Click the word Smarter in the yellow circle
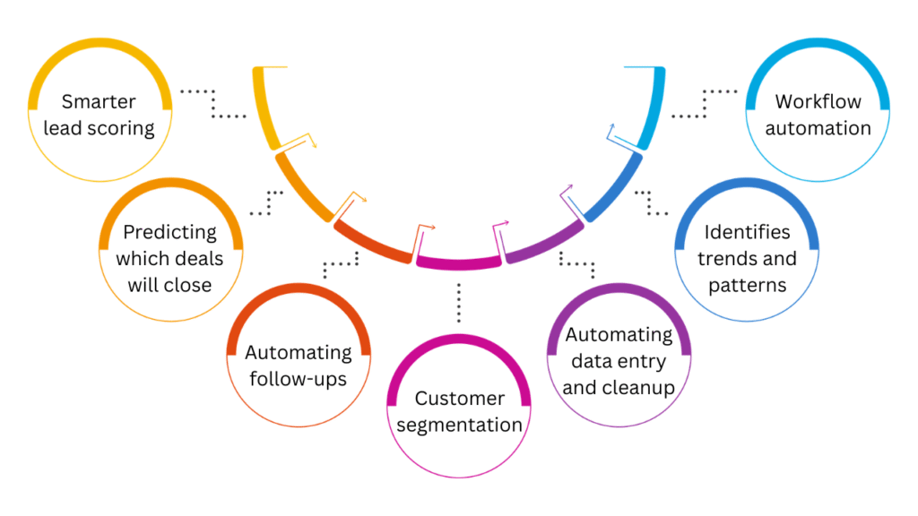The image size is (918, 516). pyautogui.click(x=99, y=101)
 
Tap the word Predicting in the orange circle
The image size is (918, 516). pyautogui.click(x=169, y=232)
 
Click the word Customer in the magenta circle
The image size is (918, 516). pyautogui.click(x=459, y=398)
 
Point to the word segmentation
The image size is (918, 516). pyautogui.click(x=459, y=425)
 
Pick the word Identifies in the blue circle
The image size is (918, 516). pyautogui.click(x=747, y=232)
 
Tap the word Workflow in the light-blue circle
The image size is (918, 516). pyautogui.click(x=818, y=101)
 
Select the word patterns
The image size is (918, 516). pyautogui.click(x=747, y=286)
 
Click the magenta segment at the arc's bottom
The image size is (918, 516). pyautogui.click(x=458, y=262)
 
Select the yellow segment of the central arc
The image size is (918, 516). pyautogui.click(x=266, y=107)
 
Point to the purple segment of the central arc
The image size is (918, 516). pyautogui.click(x=542, y=243)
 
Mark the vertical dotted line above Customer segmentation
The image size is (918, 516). pyautogui.click(x=459, y=302)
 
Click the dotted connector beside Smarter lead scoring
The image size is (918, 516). pyautogui.click(x=212, y=104)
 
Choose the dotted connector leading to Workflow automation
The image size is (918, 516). pyautogui.click(x=705, y=104)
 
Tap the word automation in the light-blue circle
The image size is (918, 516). pyautogui.click(x=818, y=128)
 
